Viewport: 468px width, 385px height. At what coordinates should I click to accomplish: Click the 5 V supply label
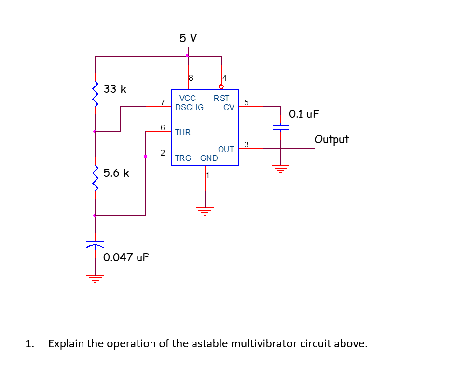coord(188,38)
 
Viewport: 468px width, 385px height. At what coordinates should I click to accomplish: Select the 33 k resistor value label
coord(115,89)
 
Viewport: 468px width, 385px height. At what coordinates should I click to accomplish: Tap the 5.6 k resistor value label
coord(116,173)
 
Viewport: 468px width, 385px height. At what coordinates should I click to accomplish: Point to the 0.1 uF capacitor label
coord(304,114)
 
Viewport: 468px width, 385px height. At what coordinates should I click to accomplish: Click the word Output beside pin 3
coord(331,140)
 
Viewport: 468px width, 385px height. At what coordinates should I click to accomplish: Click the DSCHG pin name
coord(189,107)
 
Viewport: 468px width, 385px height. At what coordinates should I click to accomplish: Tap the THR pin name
coord(183,132)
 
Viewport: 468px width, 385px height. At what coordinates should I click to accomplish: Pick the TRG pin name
coord(183,158)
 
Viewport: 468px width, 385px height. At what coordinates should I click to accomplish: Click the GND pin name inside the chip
coord(209,158)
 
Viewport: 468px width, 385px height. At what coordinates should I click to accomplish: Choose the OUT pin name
coord(226,149)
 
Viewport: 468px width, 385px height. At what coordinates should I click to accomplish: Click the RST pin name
coord(221,98)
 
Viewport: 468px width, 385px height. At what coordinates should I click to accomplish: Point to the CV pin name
coord(229,107)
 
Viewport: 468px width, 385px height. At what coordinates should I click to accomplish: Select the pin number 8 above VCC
coord(191,77)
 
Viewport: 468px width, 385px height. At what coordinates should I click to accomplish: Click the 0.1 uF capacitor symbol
coord(280,127)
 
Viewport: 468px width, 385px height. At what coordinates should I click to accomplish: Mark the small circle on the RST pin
coord(221,87)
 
